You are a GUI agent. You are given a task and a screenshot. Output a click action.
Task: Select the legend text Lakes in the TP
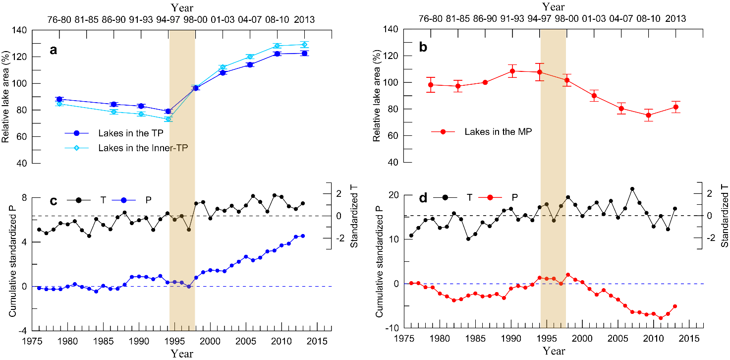coord(127,133)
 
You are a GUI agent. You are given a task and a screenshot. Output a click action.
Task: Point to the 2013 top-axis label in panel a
coord(304,19)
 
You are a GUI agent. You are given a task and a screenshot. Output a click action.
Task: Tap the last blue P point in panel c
coord(303,236)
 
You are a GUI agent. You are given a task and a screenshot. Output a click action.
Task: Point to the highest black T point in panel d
coord(632,189)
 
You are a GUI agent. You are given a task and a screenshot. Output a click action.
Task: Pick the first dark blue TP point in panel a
coord(59,99)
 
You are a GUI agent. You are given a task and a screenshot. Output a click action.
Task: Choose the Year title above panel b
coord(553,7)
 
